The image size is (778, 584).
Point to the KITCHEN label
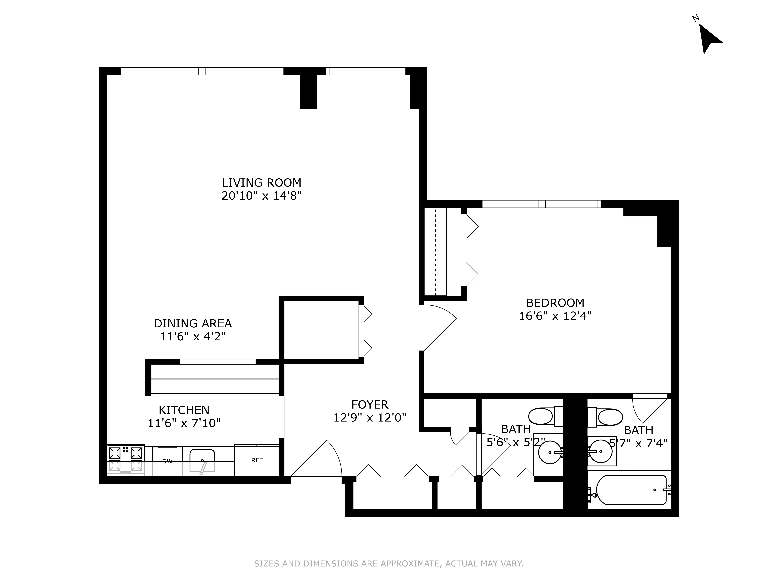(184, 410)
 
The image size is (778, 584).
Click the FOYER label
(370, 405)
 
